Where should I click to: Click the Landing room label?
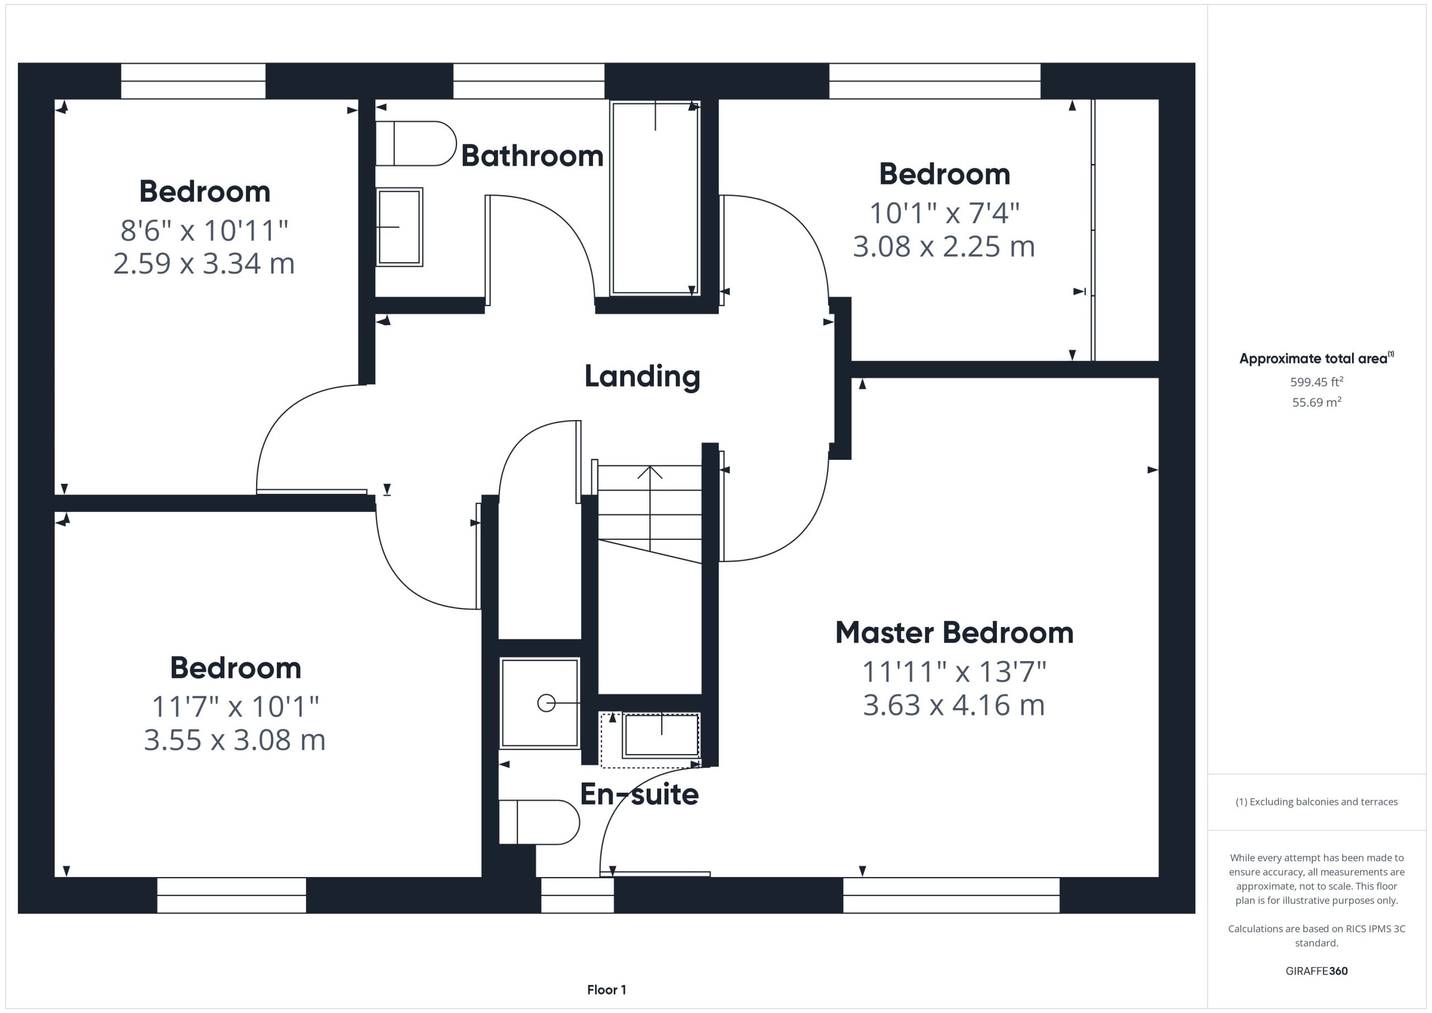pyautogui.click(x=642, y=376)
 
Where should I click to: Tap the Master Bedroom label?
pyautogui.click(x=954, y=633)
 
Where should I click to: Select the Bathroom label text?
pyautogui.click(x=532, y=156)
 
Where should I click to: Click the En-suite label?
pyautogui.click(x=639, y=794)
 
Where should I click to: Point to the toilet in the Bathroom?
pyautogui.click(x=416, y=143)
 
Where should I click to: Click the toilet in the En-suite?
pyautogui.click(x=539, y=822)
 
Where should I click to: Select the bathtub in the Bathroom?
pyautogui.click(x=655, y=198)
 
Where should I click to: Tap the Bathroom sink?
pyautogui.click(x=399, y=227)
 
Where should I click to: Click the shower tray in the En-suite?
pyautogui.click(x=540, y=703)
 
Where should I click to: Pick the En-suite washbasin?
pyautogui.click(x=661, y=736)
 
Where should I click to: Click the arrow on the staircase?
pyautogui.click(x=650, y=508)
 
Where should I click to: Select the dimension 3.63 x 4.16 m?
pyautogui.click(x=954, y=705)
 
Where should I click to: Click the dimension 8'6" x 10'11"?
pyautogui.click(x=204, y=231)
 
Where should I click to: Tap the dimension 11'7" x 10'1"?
pyautogui.click(x=235, y=706)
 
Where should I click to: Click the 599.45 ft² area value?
pyautogui.click(x=1317, y=381)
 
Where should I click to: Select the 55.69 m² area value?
pyautogui.click(x=1317, y=402)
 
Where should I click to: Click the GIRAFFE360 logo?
pyautogui.click(x=1317, y=970)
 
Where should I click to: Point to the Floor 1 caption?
pyautogui.click(x=606, y=990)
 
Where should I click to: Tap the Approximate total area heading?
pyautogui.click(x=1316, y=358)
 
